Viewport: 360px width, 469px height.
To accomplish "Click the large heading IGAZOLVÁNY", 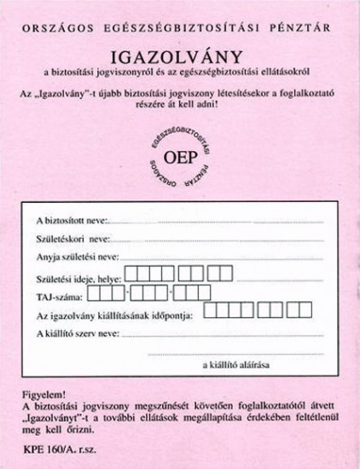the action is [181, 56].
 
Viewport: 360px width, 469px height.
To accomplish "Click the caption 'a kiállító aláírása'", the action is [236, 365].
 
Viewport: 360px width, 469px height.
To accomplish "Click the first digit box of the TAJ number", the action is [95, 295].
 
